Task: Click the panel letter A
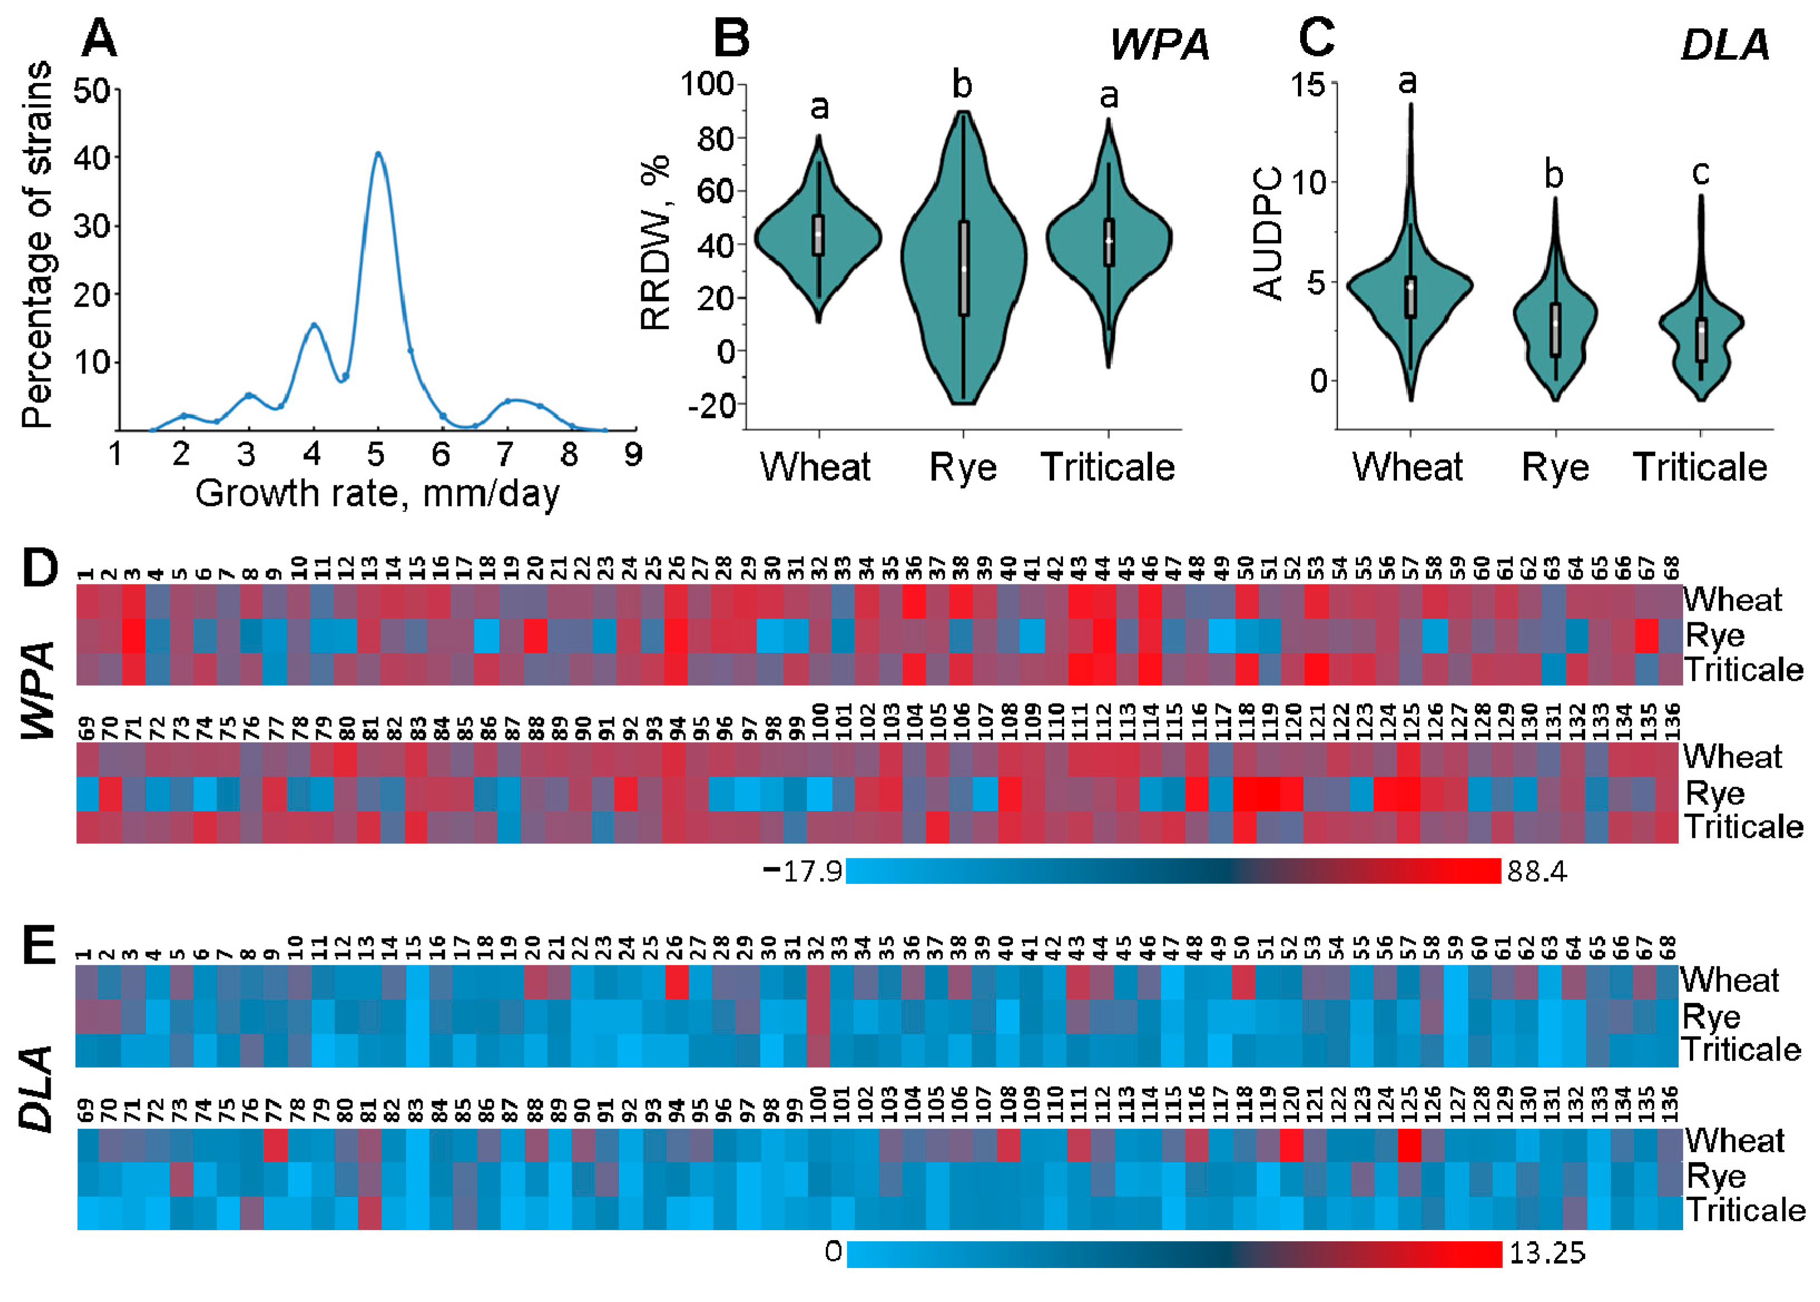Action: (100, 38)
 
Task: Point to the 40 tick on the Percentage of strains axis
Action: (93, 158)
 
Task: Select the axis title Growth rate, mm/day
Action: (377, 493)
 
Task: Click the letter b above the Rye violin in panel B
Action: (962, 84)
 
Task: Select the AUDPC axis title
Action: (1268, 233)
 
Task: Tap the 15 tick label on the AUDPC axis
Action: (1308, 83)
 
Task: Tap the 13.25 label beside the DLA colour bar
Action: (1547, 1253)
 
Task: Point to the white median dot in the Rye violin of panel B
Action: (963, 268)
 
